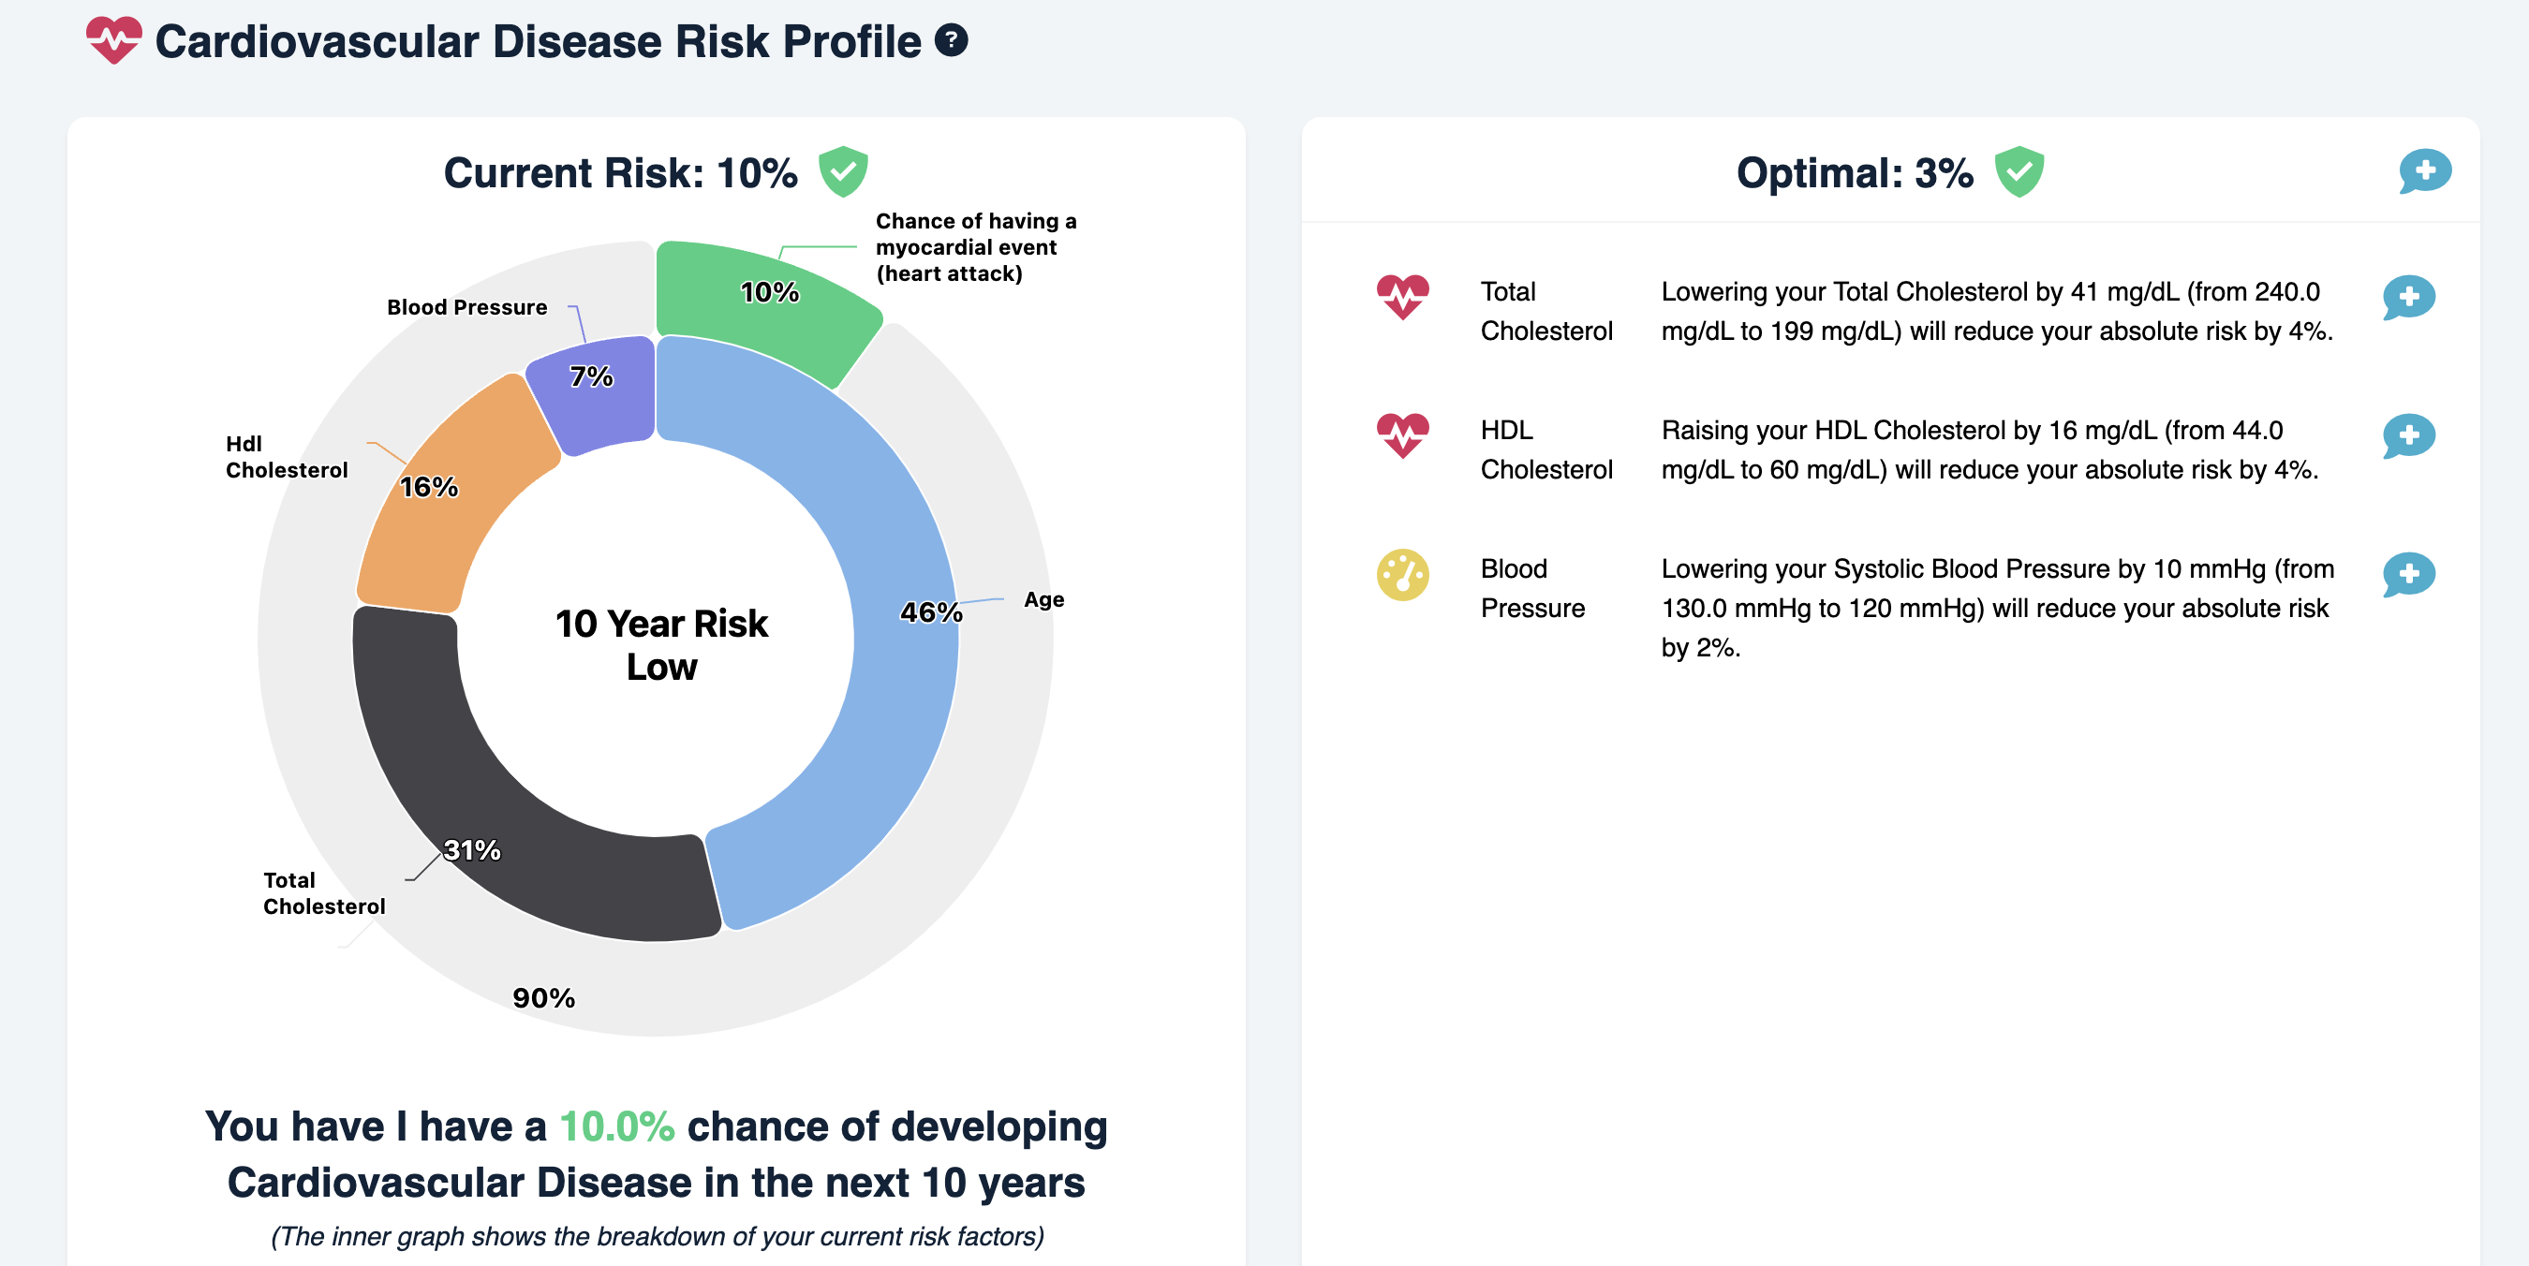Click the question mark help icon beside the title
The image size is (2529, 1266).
click(951, 40)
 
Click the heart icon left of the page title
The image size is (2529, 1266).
click(114, 40)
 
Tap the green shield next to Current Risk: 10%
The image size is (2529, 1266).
click(842, 171)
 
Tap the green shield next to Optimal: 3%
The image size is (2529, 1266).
click(2019, 171)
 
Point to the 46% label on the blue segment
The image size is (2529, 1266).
click(931, 612)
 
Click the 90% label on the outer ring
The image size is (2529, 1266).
click(544, 998)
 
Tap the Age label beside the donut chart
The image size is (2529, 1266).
click(1043, 599)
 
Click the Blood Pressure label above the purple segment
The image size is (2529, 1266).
click(467, 307)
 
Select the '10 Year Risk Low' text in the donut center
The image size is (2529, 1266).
click(661, 645)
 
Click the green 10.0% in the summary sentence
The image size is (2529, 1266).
click(616, 1126)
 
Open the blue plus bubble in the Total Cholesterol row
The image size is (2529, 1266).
click(2408, 298)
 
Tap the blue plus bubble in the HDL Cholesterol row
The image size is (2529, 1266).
click(2408, 435)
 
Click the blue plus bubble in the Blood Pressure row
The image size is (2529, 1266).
click(2408, 574)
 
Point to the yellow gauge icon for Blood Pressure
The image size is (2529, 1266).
click(1402, 574)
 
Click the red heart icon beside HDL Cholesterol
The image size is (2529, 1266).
click(1402, 434)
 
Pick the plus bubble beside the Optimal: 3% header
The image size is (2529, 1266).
click(2425, 171)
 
